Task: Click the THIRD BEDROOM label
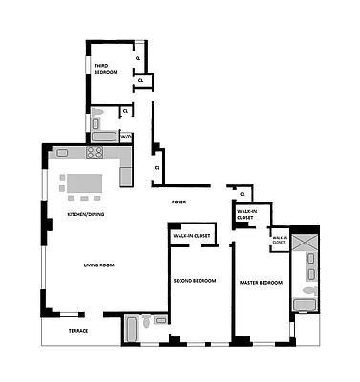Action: point(105,69)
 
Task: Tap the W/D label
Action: point(125,138)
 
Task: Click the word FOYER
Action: point(178,202)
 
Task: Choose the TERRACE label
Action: point(76,330)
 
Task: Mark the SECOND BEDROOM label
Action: point(195,281)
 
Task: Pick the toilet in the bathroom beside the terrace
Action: point(145,324)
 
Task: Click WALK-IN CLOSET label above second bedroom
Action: point(192,234)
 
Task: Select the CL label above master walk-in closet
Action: point(243,195)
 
